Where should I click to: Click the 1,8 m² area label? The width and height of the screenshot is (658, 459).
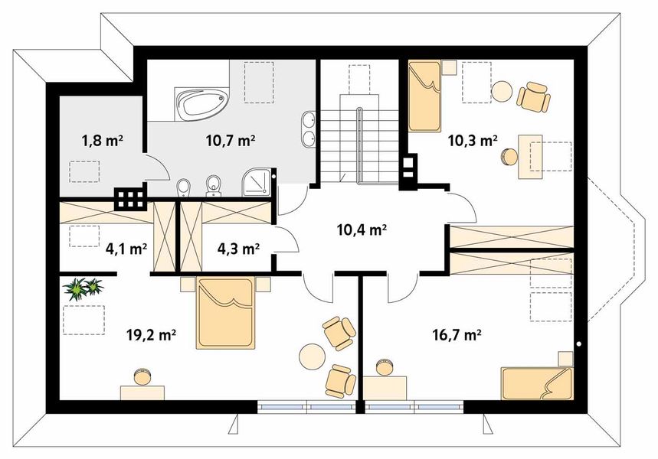pos(102,141)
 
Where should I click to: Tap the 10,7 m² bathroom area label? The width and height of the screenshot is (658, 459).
pos(231,141)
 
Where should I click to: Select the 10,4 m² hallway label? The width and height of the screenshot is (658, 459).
pos(362,229)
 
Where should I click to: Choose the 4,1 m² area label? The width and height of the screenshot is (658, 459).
pos(126,249)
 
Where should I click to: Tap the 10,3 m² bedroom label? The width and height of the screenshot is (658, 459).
pos(473,141)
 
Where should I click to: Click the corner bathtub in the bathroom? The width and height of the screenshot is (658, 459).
pos(201,103)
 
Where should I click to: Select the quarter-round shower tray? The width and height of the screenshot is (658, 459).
pos(257,181)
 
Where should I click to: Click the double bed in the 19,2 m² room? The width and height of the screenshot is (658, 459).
pos(226,313)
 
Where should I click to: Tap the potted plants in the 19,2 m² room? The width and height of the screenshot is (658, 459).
pos(83,289)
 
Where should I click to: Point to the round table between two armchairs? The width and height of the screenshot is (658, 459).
pos(312,356)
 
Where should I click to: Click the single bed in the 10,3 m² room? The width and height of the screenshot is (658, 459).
pos(425,96)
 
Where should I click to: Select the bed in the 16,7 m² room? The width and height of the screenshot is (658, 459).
pos(536,382)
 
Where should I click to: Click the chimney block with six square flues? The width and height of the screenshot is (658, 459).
pos(131,198)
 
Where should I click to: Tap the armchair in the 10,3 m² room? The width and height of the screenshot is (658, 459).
pos(533,96)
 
